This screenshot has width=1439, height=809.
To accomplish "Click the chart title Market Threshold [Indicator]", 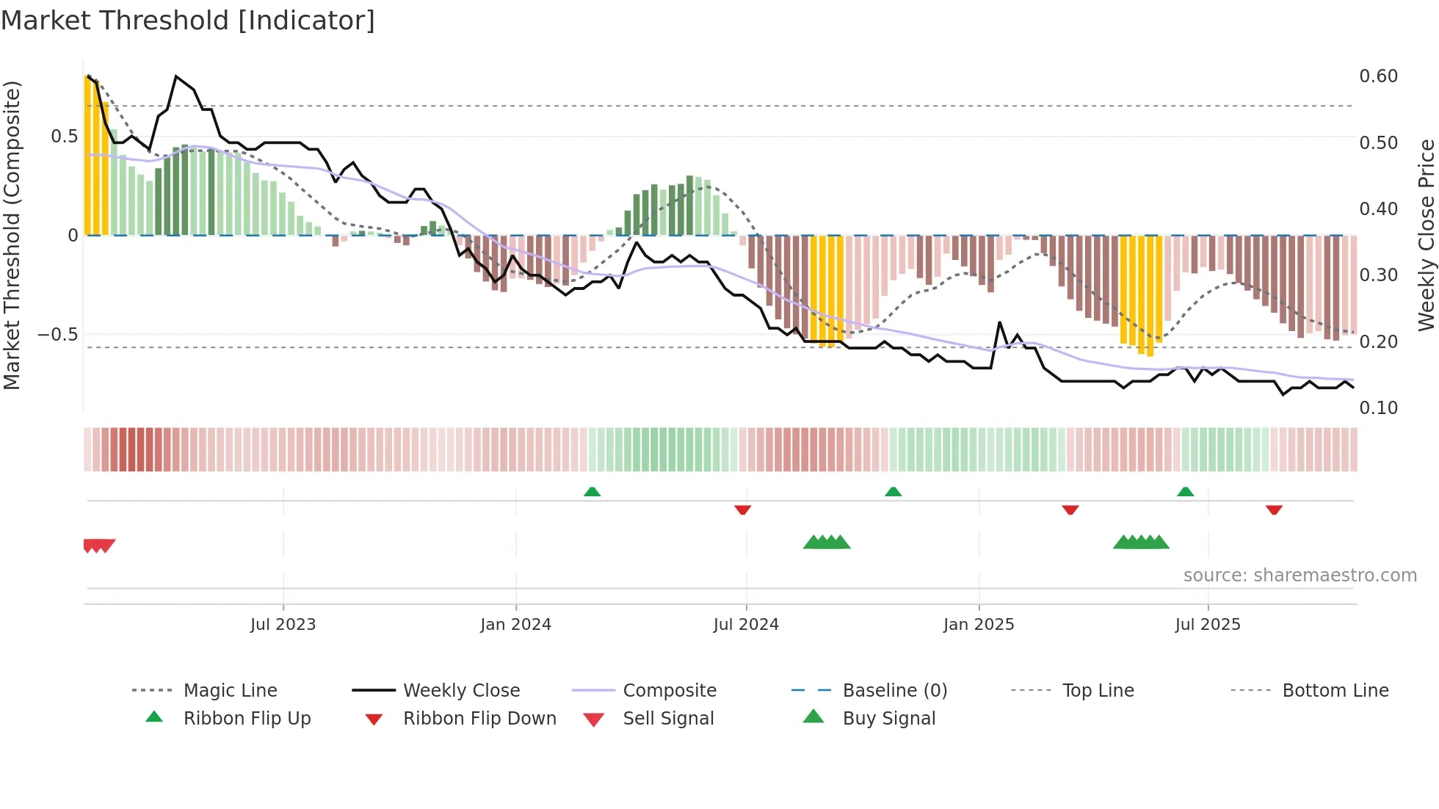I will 188,21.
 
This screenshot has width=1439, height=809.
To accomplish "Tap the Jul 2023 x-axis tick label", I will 283,625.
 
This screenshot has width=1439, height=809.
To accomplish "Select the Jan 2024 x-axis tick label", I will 515,625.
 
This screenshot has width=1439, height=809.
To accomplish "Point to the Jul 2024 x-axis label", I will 746,625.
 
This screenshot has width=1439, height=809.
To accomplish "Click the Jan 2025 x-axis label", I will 979,625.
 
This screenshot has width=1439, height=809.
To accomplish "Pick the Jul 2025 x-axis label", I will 1208,625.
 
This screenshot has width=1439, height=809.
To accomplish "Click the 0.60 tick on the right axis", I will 1378,76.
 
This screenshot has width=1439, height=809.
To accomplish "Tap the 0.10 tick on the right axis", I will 1378,408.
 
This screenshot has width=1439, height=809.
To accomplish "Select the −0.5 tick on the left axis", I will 58,335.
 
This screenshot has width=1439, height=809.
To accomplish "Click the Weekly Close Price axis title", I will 1426,235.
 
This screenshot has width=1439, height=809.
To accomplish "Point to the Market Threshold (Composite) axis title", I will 12,235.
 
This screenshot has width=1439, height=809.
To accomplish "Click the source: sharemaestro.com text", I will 1300,576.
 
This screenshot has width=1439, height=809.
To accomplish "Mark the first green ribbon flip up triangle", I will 592,492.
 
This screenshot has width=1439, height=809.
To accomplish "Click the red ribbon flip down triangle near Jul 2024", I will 742,509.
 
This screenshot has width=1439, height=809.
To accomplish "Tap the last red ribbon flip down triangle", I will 1274,509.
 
